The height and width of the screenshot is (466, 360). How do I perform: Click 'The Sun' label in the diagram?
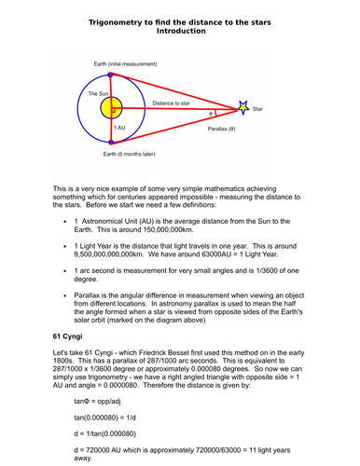tap(99, 94)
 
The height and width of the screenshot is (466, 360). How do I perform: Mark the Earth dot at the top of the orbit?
tap(111, 73)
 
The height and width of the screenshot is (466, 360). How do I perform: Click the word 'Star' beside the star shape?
tap(258, 109)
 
